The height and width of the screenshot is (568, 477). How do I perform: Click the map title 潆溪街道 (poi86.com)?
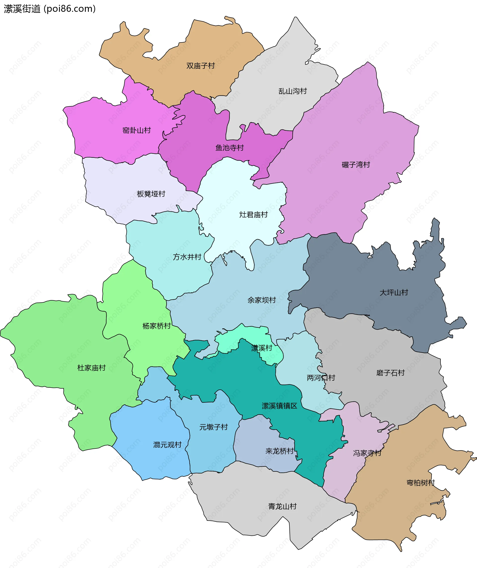[50, 9]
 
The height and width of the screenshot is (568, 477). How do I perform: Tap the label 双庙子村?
[200, 66]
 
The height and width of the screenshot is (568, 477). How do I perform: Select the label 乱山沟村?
[293, 91]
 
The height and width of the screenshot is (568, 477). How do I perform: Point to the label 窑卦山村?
[137, 130]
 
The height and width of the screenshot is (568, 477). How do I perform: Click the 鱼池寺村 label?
[230, 148]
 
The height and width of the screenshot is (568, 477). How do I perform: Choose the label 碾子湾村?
[356, 165]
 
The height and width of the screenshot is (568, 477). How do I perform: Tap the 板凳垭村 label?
[151, 194]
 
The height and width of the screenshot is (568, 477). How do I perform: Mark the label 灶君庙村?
[253, 215]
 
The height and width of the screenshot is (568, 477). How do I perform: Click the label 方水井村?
[187, 257]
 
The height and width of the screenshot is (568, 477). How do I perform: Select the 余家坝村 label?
[262, 300]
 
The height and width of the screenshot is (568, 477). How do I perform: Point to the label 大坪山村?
[394, 292]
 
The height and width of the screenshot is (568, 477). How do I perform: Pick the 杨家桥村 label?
[157, 326]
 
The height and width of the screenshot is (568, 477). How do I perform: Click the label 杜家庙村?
[91, 368]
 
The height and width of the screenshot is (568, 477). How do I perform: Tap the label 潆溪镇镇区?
[279, 406]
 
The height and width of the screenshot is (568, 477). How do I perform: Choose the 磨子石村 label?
[391, 373]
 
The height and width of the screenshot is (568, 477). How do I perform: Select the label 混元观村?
[167, 445]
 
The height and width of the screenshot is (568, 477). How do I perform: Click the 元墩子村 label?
[214, 427]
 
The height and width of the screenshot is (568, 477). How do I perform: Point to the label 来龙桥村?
[279, 451]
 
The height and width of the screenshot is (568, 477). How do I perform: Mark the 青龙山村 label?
[282, 506]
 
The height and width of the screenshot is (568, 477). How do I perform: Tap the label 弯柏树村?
[421, 483]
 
